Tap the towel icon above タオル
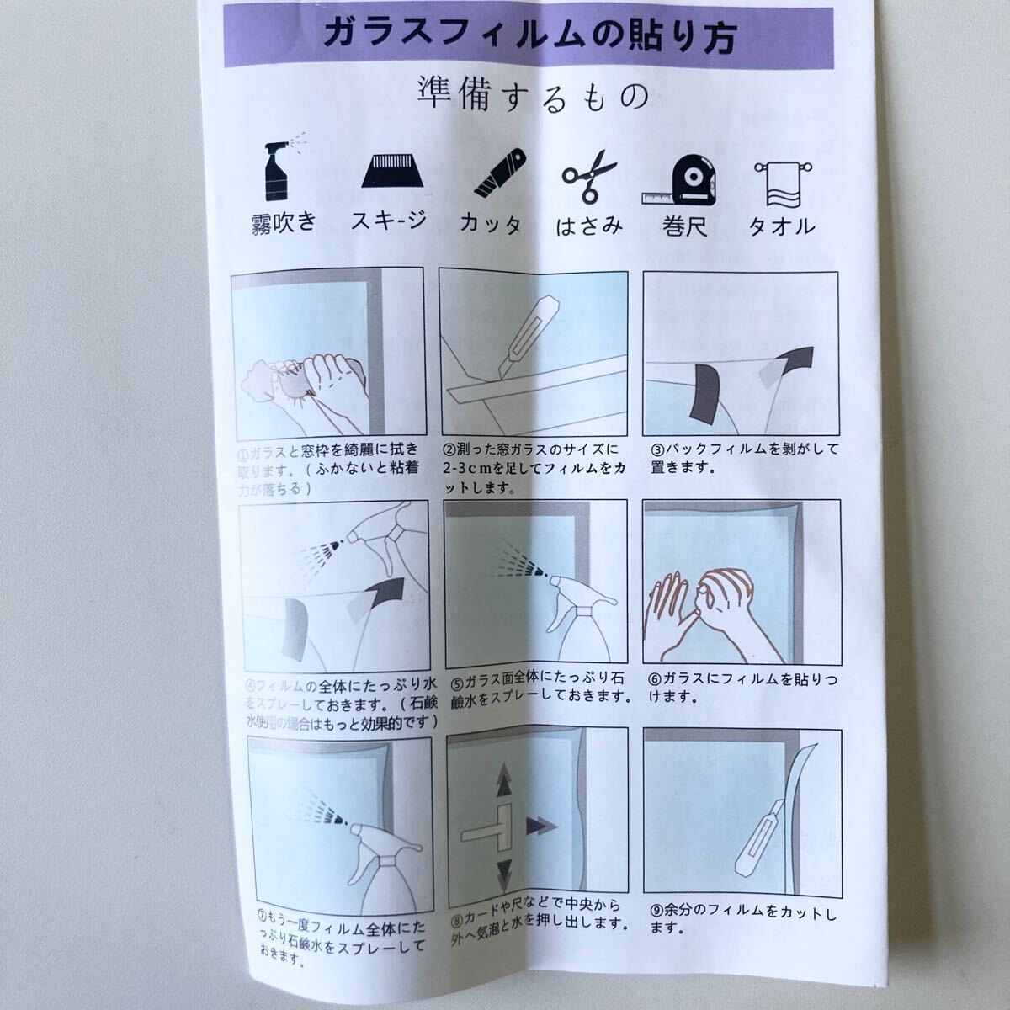(780, 183)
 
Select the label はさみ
(589, 225)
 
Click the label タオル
(782, 226)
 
